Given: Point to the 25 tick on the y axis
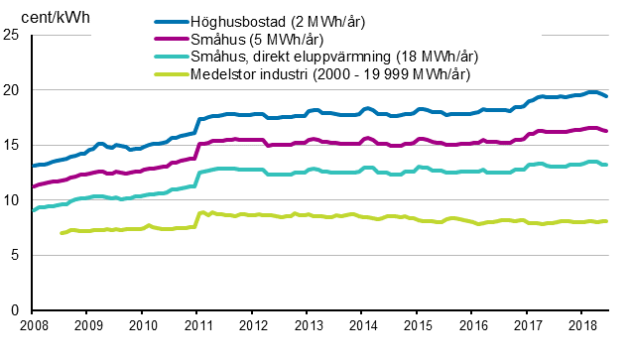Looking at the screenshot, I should (13, 35).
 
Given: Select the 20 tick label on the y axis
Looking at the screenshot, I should (13, 90).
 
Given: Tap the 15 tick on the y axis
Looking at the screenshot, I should (13, 145).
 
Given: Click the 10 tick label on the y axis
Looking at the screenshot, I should (13, 200).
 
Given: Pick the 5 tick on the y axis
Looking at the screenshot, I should (17, 255).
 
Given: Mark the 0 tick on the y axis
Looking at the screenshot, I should (17, 310).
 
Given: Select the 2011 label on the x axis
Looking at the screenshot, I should (198, 325).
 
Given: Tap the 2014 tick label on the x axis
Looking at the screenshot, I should (364, 325).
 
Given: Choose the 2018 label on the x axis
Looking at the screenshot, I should (584, 325).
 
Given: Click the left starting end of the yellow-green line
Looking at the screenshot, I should (63, 233).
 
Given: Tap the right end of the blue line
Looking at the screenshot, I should (607, 96).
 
